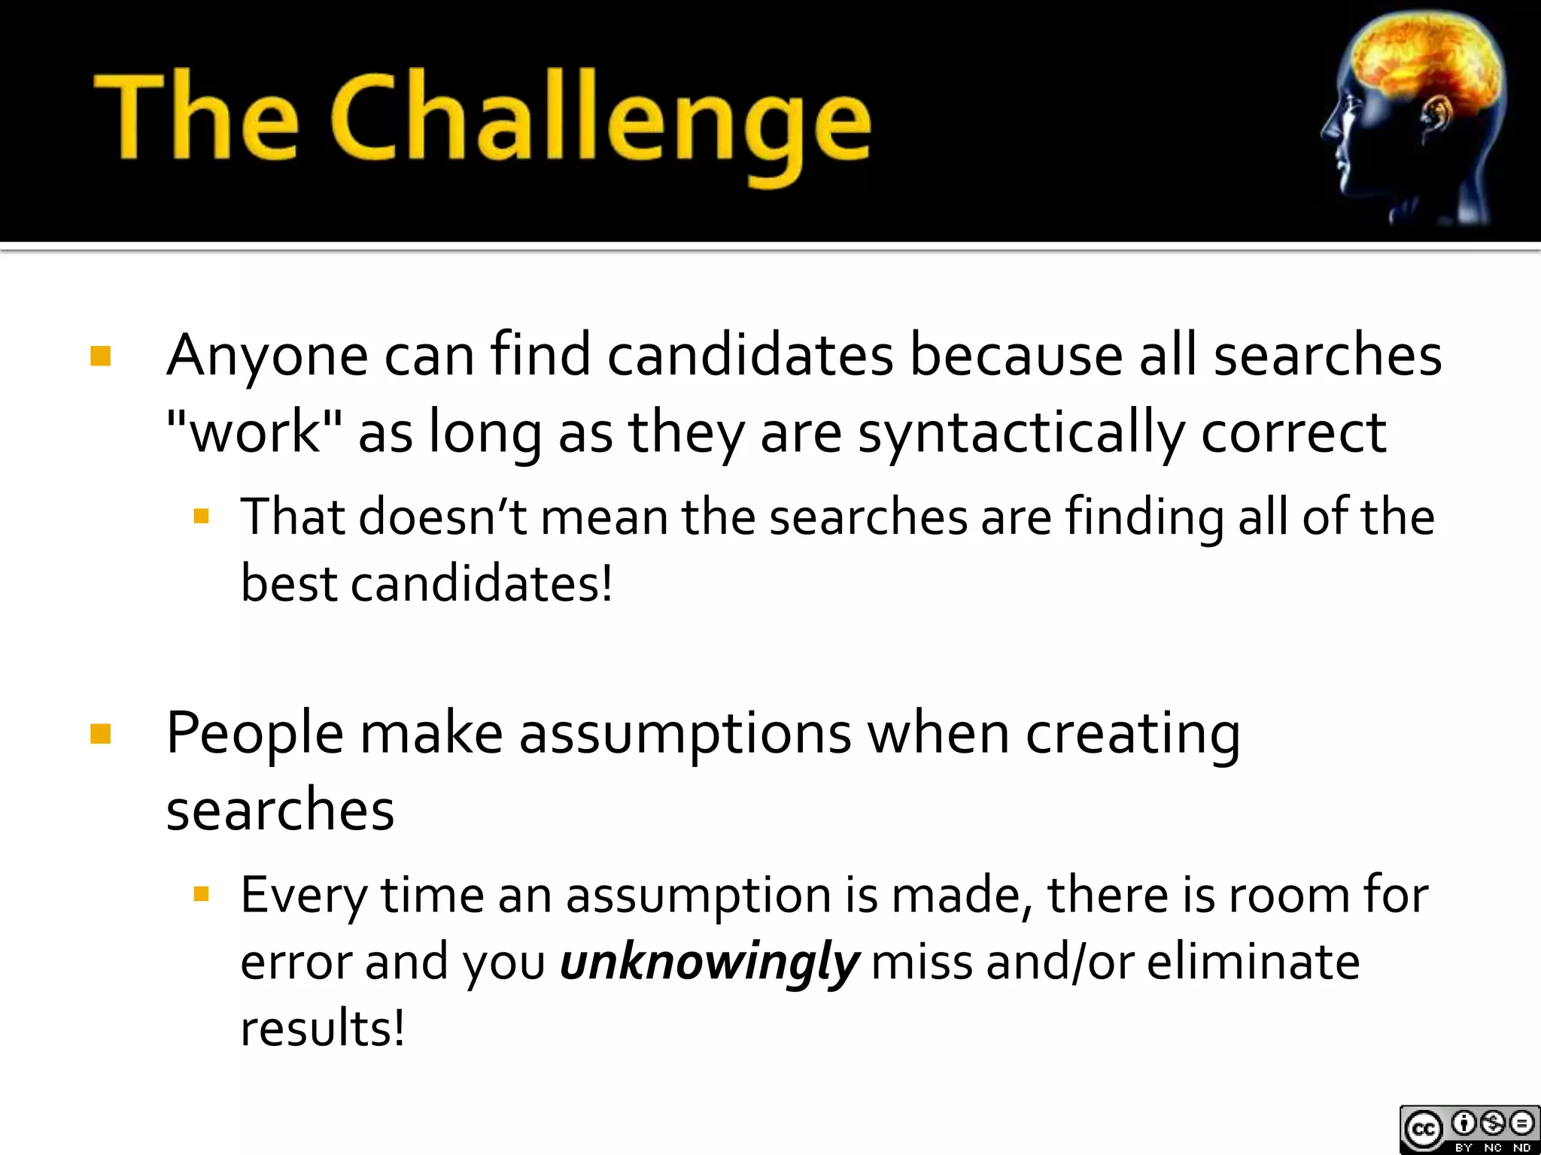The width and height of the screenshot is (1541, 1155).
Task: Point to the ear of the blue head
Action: point(1436,120)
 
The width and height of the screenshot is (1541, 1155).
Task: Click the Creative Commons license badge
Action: point(1469,1129)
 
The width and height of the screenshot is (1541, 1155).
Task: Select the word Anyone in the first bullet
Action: point(267,355)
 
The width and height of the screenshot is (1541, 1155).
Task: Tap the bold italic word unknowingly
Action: point(709,962)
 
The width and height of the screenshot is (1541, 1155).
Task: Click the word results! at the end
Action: point(322,1028)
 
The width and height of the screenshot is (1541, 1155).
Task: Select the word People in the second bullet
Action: point(254,733)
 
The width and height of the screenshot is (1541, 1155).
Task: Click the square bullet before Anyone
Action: point(100,356)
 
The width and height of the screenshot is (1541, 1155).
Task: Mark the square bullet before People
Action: point(100,733)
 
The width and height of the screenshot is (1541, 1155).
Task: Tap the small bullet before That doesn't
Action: point(200,516)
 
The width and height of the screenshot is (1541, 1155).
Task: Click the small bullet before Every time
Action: point(200,893)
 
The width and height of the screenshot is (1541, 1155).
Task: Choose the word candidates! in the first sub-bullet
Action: point(482,584)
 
